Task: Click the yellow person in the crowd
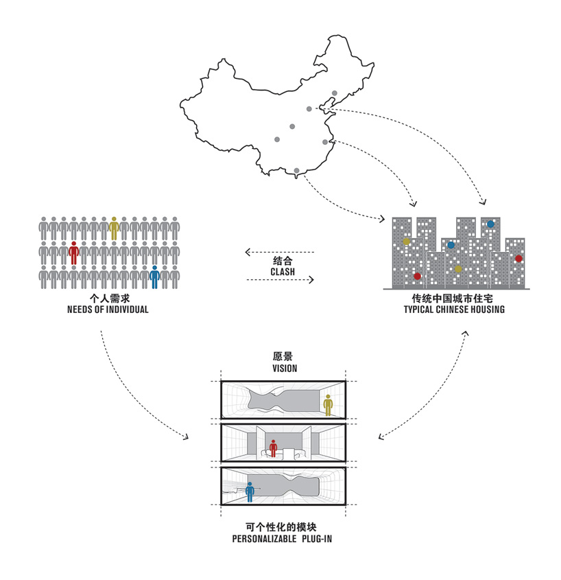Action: coord(114,228)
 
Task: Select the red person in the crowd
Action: coord(73,252)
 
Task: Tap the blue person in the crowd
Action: coord(155,276)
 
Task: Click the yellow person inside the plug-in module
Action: coord(328,404)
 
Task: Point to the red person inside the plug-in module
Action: coord(274,448)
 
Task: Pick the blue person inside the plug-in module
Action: coord(250,491)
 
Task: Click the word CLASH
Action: coord(282,272)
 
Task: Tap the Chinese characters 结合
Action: coord(282,262)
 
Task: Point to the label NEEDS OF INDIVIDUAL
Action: coord(108,310)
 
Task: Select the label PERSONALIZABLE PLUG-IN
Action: coord(283,540)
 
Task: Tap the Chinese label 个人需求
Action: coord(108,299)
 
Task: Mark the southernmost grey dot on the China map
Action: coord(296,170)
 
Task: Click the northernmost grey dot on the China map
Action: coord(335,93)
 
